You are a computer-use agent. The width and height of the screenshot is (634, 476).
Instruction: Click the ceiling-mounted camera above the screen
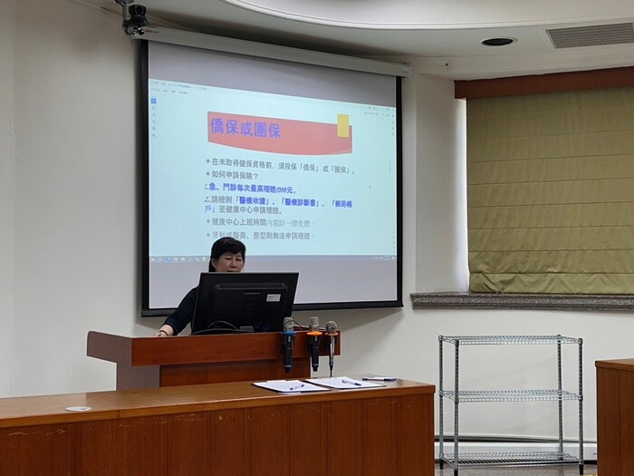tap(136, 17)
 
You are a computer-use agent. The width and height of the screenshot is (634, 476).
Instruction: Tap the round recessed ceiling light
tap(497, 42)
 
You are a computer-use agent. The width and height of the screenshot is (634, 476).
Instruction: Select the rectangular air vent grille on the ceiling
tap(590, 35)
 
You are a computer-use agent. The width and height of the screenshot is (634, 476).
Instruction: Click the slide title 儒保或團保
tap(245, 129)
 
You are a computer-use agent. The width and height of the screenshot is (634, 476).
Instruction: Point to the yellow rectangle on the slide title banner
tap(343, 125)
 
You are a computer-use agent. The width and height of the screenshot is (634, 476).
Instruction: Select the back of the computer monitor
tap(245, 302)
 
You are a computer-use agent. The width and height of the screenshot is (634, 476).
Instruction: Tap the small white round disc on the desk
tap(78, 409)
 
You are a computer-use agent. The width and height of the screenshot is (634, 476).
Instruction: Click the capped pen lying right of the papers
tap(379, 378)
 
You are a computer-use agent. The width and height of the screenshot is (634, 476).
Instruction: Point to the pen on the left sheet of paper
tap(296, 387)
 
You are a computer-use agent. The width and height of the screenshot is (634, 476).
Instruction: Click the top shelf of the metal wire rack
tap(509, 340)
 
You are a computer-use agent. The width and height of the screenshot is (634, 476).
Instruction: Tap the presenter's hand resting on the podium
tap(163, 332)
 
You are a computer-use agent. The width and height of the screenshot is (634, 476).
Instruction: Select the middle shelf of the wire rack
tap(509, 394)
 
